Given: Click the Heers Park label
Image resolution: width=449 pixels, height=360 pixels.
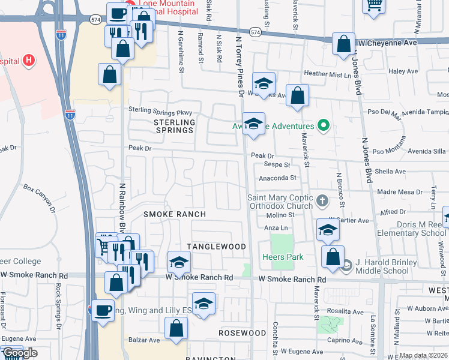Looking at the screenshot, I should click(x=282, y=257).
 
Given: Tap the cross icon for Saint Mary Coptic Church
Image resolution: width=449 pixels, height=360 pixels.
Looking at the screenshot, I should click(x=322, y=201).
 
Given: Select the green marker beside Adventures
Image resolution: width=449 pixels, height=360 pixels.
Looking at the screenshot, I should click(x=324, y=126).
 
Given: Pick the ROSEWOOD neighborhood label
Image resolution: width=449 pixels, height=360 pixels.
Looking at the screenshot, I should click(x=242, y=332).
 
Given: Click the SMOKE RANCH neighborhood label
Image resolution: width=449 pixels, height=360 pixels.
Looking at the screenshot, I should click(x=175, y=214).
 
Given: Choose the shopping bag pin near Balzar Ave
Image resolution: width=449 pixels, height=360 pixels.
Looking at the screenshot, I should click(x=176, y=327).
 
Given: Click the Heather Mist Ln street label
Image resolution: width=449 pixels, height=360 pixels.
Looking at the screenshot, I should click(x=327, y=74).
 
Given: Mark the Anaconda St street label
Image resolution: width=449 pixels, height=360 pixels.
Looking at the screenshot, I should click(x=278, y=178).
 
